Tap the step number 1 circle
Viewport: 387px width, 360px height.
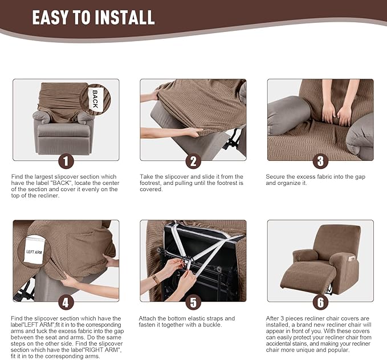coord(66,161)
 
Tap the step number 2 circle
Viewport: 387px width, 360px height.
coord(193,161)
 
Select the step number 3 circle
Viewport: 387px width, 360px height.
coord(320,161)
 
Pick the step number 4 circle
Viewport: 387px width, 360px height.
coord(66,302)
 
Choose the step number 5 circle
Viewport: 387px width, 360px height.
coord(193,302)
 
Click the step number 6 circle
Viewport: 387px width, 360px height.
coord(320,302)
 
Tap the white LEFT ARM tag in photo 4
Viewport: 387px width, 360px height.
coord(34,251)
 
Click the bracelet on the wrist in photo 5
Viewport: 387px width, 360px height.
coord(156,279)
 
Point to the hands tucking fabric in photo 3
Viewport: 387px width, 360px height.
coord(336,112)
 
